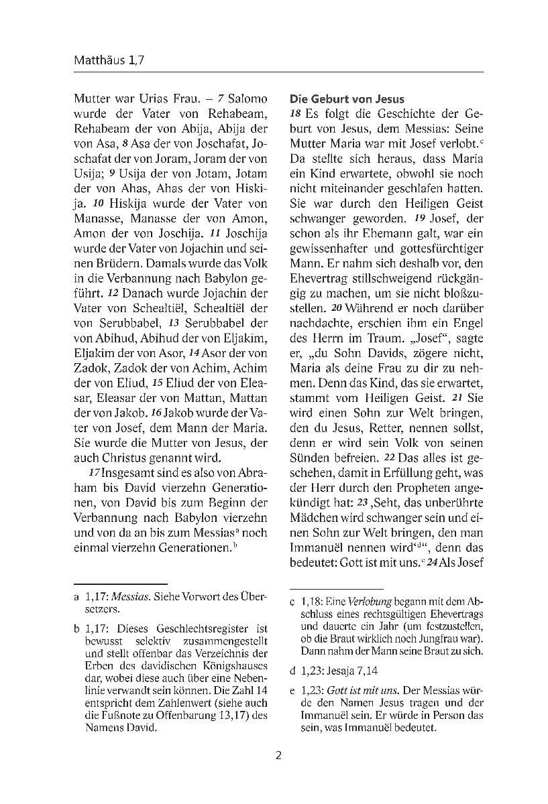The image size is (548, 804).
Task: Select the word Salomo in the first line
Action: pos(248,98)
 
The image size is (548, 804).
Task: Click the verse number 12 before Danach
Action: pos(113,293)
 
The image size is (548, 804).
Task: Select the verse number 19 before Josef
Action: pos(419,218)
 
